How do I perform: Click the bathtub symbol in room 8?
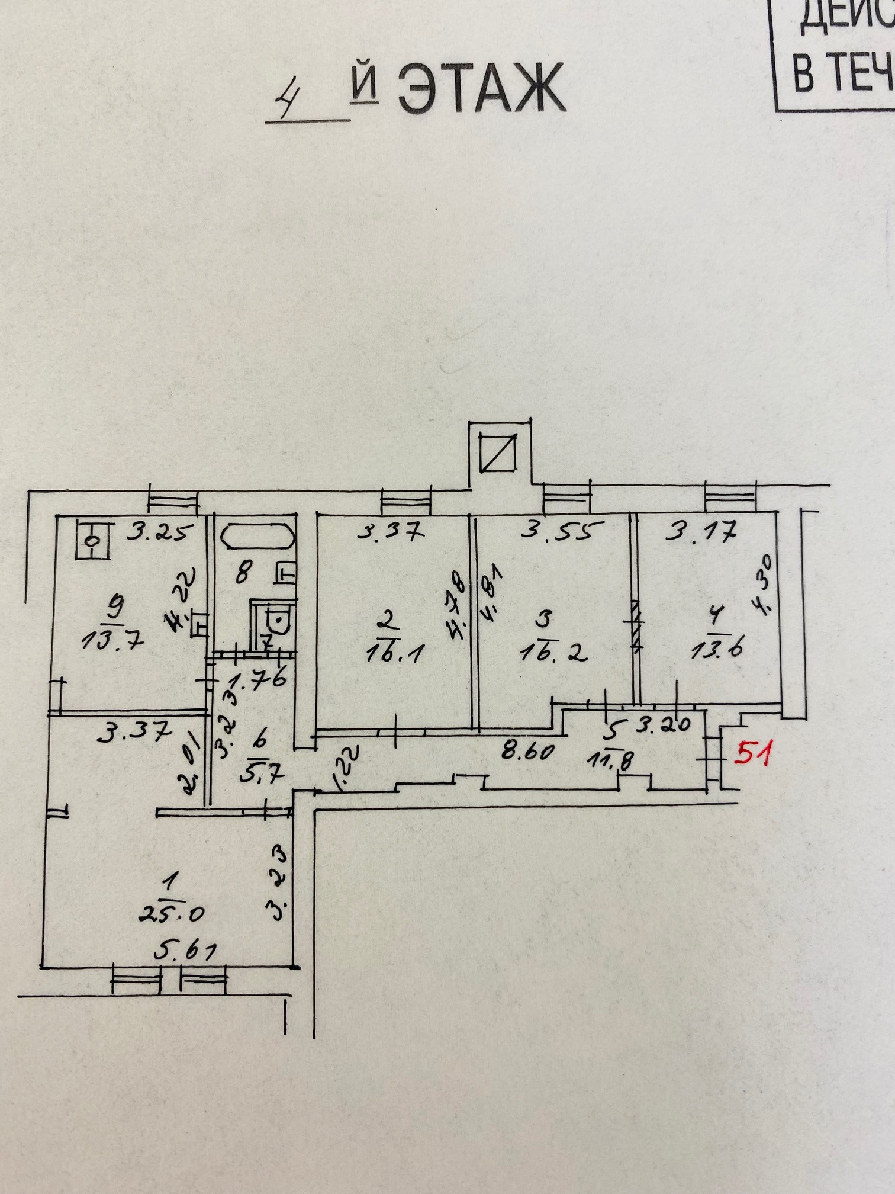[x=257, y=536]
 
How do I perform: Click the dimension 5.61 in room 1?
[x=185, y=951]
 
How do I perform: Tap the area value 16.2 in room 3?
[x=553, y=653]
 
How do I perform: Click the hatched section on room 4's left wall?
[x=636, y=624]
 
